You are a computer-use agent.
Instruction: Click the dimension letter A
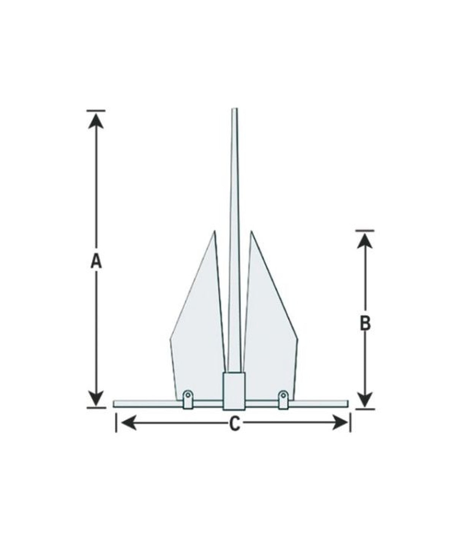click(x=96, y=261)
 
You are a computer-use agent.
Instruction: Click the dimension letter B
click(x=365, y=324)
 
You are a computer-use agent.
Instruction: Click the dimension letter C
click(x=235, y=423)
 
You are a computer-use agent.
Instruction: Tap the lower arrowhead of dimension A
click(x=96, y=398)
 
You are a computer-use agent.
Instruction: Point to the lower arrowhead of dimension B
click(x=365, y=400)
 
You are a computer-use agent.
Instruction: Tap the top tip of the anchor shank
click(x=235, y=110)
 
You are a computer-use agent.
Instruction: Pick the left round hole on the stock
click(x=187, y=395)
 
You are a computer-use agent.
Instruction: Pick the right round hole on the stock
click(x=283, y=395)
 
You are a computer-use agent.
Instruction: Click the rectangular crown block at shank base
click(x=234, y=391)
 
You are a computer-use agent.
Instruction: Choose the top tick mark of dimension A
click(x=96, y=111)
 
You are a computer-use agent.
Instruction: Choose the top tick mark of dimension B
click(x=365, y=230)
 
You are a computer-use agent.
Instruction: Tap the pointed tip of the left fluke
click(x=214, y=231)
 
